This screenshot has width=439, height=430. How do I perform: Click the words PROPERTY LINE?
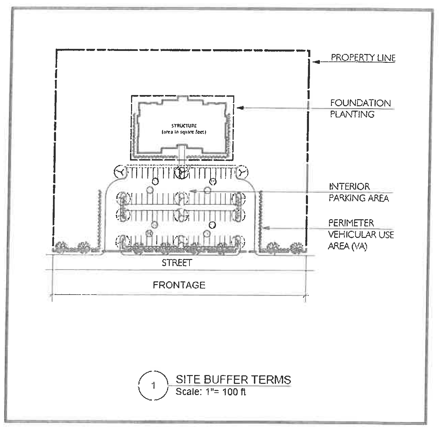click(363, 58)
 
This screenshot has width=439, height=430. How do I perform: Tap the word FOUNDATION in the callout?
click(360, 103)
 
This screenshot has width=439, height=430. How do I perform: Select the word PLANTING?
click(352, 114)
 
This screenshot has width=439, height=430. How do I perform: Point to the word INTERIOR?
click(349, 186)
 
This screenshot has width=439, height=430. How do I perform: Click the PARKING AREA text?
click(358, 198)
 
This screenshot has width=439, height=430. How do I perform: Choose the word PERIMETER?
click(351, 223)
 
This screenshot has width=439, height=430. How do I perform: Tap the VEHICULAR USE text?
click(361, 235)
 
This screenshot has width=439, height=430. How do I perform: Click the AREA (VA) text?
click(347, 246)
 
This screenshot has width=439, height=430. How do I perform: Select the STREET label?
click(177, 263)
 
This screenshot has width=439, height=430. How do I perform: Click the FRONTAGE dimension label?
click(179, 285)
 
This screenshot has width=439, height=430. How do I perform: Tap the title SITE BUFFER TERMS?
click(233, 379)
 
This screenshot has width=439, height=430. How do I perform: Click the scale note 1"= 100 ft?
click(211, 392)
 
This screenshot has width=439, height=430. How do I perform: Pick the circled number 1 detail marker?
click(153, 386)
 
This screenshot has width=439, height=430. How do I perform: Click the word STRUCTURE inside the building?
click(184, 126)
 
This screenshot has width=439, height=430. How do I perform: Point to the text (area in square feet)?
click(184, 132)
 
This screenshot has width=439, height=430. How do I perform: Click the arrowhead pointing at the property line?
click(315, 62)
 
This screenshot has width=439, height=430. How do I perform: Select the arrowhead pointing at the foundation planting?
click(239, 108)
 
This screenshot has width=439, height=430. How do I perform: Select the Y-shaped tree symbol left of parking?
click(120, 173)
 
